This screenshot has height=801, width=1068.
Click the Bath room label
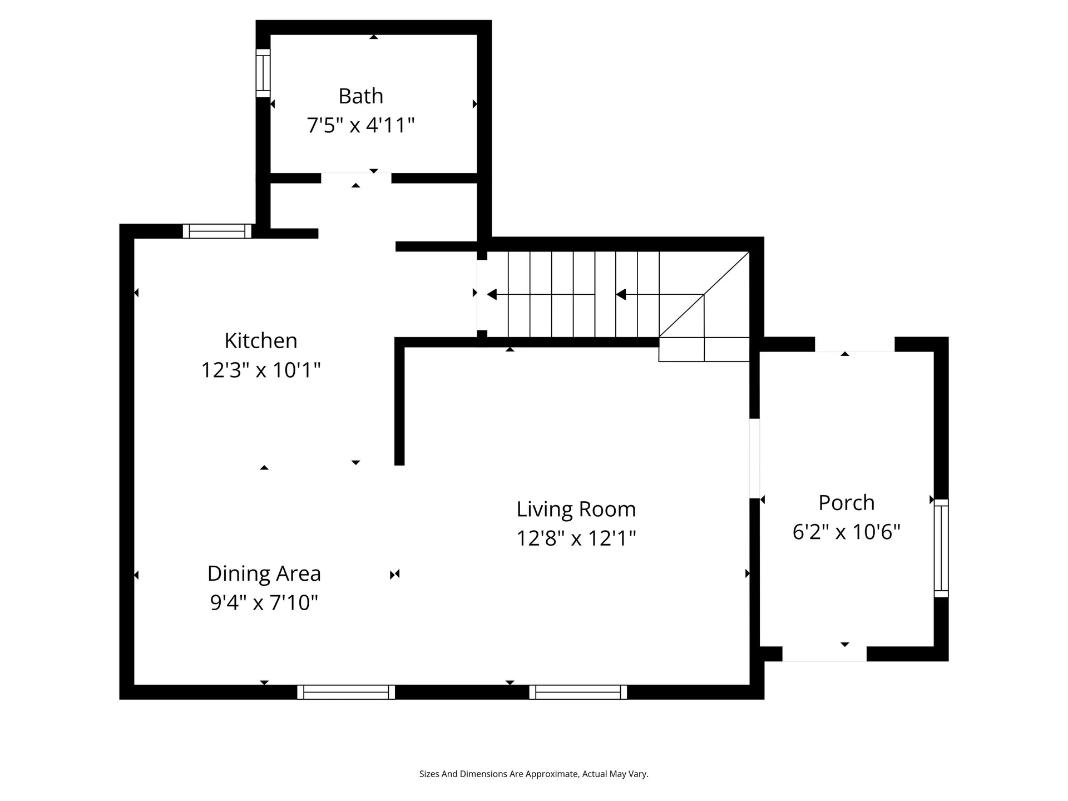[361, 96]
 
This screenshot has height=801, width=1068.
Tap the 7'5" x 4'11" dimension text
[361, 125]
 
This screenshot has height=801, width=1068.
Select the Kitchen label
[261, 340]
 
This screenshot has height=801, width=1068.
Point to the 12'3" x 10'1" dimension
[261, 369]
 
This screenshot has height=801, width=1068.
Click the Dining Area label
[264, 573]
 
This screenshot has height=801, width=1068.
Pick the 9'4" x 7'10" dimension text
[264, 602]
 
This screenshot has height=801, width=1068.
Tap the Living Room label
[576, 509]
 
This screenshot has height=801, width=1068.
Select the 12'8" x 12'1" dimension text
[576, 538]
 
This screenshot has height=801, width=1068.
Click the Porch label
[847, 503]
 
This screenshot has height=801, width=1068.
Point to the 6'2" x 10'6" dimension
[847, 532]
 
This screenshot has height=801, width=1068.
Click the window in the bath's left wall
[263, 73]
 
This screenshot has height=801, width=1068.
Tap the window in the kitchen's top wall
[217, 231]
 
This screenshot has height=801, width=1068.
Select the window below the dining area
[346, 692]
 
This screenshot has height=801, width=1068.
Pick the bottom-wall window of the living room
[578, 692]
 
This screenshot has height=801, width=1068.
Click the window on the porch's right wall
[941, 548]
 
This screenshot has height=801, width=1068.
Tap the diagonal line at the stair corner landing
[704, 295]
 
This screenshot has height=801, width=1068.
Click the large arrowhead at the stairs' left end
[492, 294]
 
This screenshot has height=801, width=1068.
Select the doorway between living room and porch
[755, 458]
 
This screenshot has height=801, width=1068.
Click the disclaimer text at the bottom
[534, 774]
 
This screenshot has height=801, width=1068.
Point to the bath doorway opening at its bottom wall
[356, 178]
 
